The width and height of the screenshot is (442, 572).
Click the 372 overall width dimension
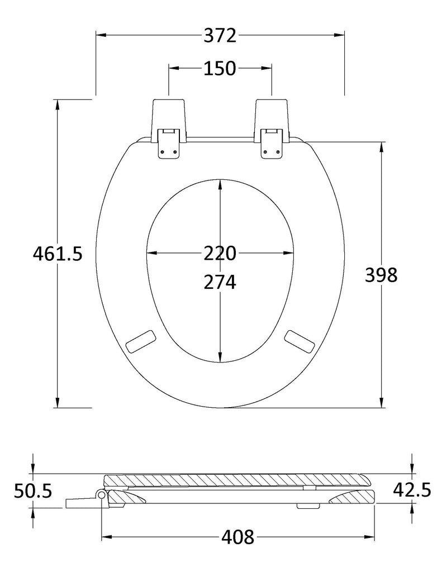[x=220, y=36]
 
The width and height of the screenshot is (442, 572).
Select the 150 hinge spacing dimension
[x=220, y=69]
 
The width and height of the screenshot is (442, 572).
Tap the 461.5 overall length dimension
[x=58, y=254]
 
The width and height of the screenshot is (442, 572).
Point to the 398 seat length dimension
[x=381, y=275]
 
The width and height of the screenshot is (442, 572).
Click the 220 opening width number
[x=220, y=253]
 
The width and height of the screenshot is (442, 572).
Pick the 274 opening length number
[x=220, y=282]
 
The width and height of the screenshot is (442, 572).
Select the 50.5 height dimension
[x=33, y=490]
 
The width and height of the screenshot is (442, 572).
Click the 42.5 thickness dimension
[x=412, y=489]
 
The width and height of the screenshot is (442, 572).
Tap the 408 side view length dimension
[x=237, y=537]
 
